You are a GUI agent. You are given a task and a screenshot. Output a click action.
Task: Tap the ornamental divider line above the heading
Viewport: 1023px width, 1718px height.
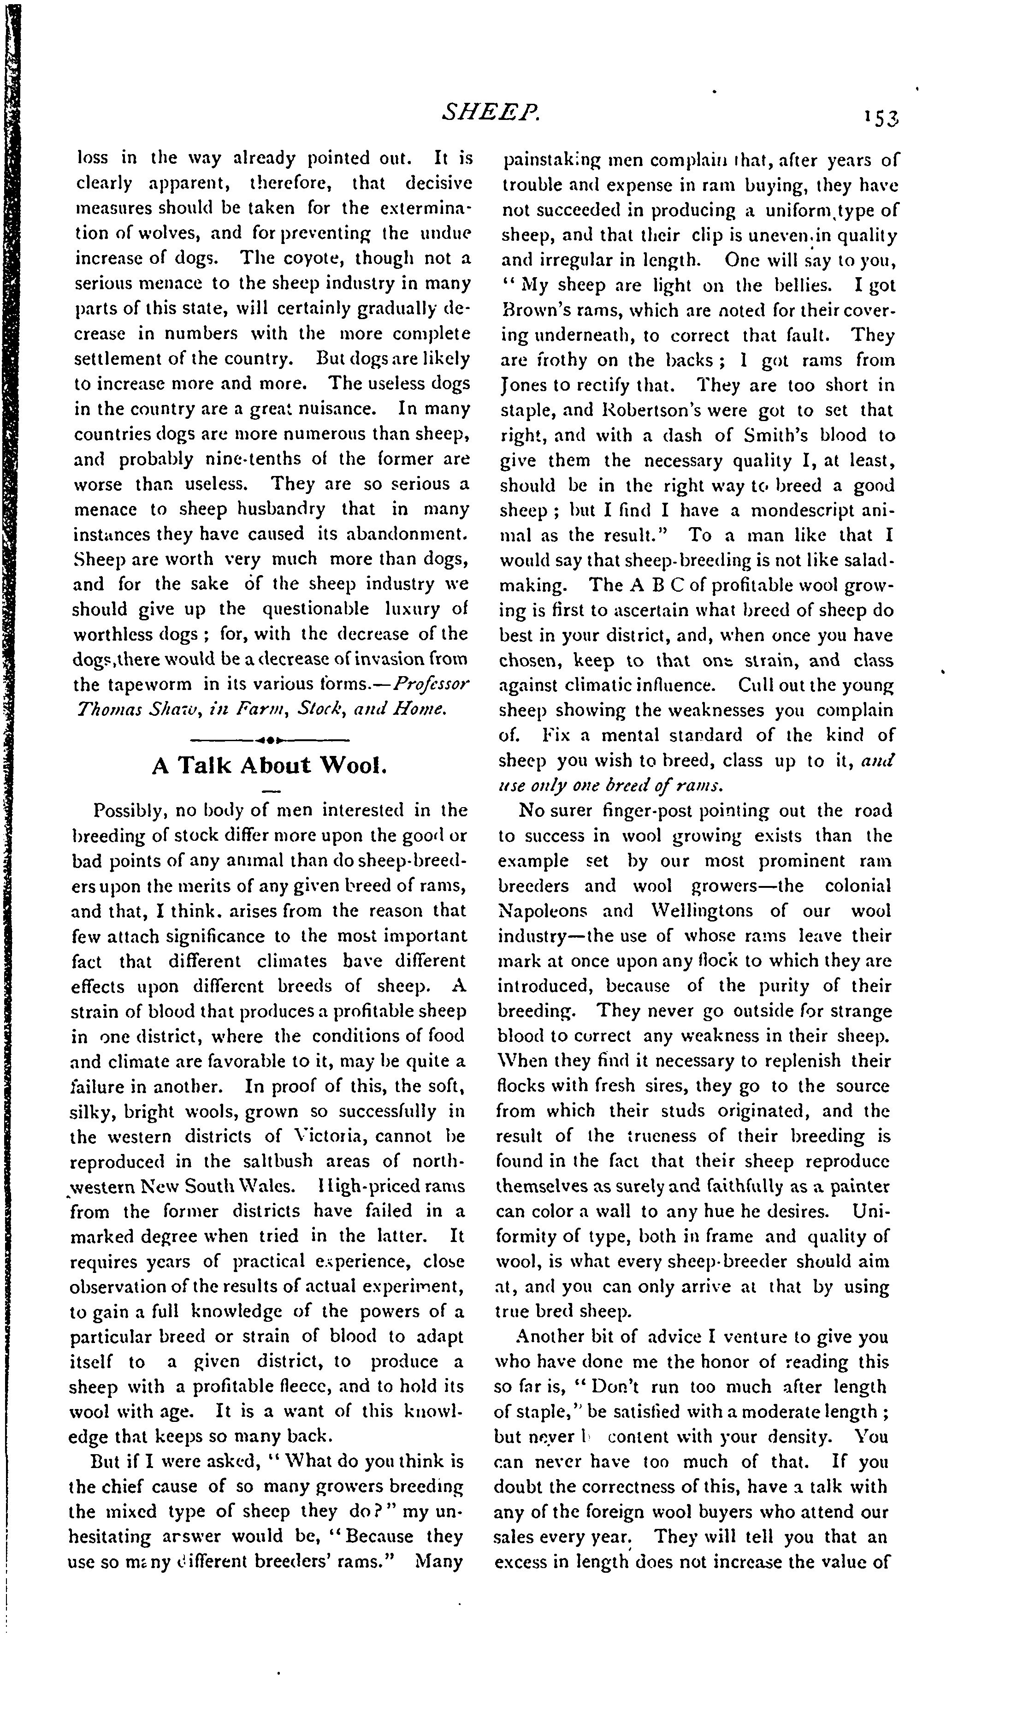[x=270, y=740]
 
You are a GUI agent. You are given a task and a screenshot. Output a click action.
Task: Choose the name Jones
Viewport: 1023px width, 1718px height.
[x=523, y=386]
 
